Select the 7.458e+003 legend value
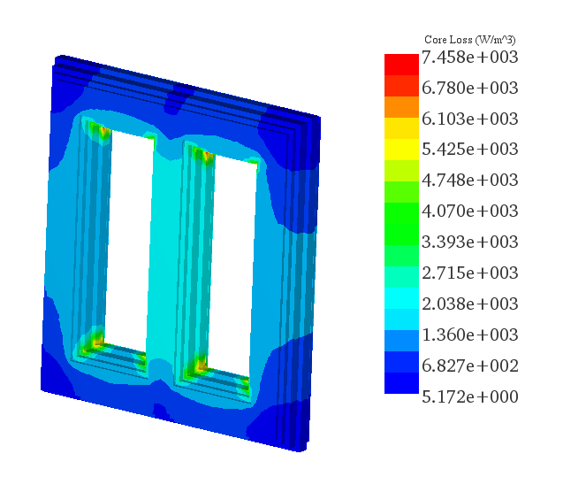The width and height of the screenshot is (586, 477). [469, 58]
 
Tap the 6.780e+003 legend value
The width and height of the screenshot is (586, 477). [469, 88]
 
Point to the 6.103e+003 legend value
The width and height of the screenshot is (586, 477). [469, 119]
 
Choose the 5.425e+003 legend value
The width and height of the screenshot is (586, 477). [469, 150]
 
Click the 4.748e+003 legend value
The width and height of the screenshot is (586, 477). [469, 181]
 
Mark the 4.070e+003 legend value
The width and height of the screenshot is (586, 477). [469, 212]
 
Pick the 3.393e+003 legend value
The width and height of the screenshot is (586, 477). [469, 242]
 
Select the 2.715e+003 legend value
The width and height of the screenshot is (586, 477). [469, 273]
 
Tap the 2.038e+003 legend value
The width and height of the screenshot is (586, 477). [469, 304]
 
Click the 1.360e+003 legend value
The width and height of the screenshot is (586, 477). [469, 335]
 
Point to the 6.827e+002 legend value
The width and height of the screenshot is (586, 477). [469, 365]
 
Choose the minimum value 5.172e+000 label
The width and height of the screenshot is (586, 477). [469, 396]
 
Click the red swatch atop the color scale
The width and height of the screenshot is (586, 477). [400, 64]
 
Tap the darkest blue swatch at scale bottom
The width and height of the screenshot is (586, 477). [400, 383]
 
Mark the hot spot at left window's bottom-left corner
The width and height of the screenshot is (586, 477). [96, 340]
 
